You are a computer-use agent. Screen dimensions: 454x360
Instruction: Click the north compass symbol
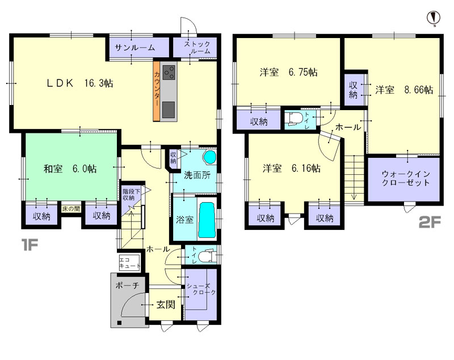tap(434, 18)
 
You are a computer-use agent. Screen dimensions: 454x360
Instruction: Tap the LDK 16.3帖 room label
tap(80, 83)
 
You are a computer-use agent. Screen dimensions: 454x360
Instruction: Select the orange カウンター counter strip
tap(157, 91)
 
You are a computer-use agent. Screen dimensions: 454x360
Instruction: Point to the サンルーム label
tap(134, 48)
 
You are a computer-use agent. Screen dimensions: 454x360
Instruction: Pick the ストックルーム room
tap(195, 48)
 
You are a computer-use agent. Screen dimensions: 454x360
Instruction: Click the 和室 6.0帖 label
tap(70, 169)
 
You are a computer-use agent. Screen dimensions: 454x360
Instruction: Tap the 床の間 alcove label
tap(71, 208)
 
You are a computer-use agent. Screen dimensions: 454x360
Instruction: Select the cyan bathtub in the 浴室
tap(207, 220)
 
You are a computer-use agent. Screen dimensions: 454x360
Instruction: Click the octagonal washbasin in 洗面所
tap(210, 157)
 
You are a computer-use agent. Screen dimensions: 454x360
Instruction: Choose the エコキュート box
tap(129, 263)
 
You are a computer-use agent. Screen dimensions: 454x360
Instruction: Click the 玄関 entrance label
tap(166, 304)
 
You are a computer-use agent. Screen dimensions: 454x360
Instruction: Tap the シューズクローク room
tap(201, 295)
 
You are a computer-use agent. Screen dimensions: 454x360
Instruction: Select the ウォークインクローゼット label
tap(406, 178)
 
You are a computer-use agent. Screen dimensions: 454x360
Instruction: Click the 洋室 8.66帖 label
tap(404, 90)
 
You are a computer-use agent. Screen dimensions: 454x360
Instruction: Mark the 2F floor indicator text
tap(430, 223)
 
